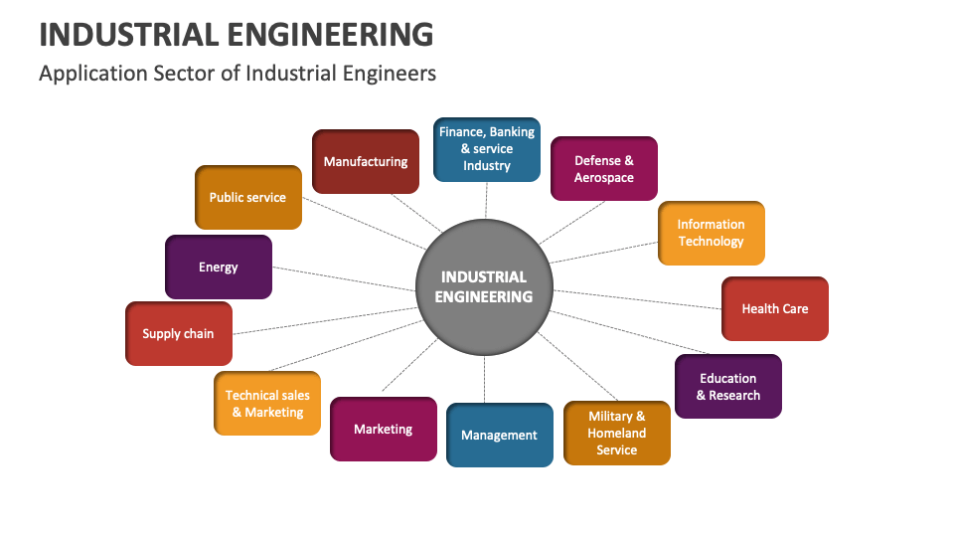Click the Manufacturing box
tap(365, 161)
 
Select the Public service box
tap(247, 197)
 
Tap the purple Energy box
tap(218, 267)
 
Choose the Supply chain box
tap(178, 333)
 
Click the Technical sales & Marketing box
tap(267, 403)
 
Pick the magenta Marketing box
tap(383, 429)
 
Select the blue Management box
tap(499, 435)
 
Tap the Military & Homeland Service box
tap(616, 433)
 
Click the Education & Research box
tap(727, 386)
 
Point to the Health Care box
tap(774, 308)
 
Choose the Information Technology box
tap(711, 233)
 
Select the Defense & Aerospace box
tap(603, 168)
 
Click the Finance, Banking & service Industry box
tap(486, 148)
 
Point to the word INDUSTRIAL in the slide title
tap(128, 34)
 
